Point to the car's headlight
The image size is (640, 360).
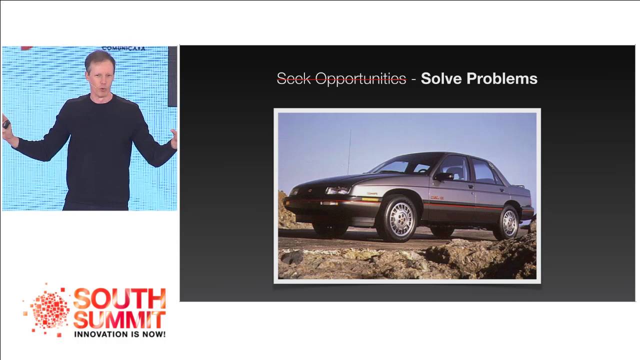(338, 190)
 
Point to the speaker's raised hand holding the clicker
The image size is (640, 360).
(7, 125)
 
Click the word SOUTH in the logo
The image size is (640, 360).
(119, 298)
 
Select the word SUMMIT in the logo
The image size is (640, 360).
(119, 319)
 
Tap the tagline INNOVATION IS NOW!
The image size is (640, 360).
(119, 333)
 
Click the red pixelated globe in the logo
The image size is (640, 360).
(49, 310)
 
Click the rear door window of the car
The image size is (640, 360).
(483, 171)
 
